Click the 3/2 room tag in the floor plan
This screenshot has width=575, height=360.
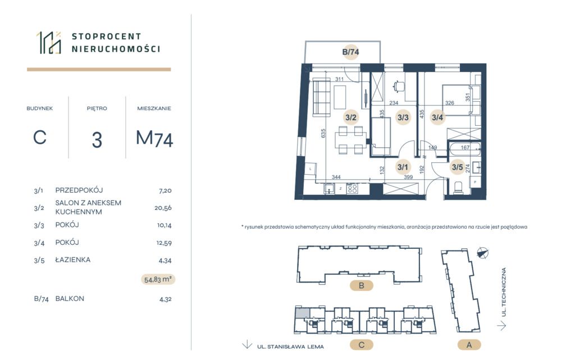(350, 117)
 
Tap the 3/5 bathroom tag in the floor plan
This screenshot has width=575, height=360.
(457, 167)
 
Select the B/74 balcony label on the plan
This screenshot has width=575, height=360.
(350, 52)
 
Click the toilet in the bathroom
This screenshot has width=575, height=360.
(459, 188)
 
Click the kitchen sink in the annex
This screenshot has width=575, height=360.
(329, 189)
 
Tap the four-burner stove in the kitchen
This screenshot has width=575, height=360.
(353, 189)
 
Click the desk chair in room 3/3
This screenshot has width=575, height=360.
(399, 87)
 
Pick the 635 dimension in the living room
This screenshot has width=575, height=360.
(323, 133)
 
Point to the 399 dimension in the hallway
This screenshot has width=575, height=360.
(408, 177)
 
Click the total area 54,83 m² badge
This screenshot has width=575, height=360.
(158, 279)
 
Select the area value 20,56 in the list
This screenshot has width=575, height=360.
(163, 208)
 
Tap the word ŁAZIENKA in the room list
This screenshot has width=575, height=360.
(72, 259)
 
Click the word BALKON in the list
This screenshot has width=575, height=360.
(70, 298)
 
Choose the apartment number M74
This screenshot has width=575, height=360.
(154, 138)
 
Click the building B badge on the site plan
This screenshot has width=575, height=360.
(362, 285)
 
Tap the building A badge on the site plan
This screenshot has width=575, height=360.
(469, 345)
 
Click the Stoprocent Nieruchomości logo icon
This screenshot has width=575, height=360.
(49, 43)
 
